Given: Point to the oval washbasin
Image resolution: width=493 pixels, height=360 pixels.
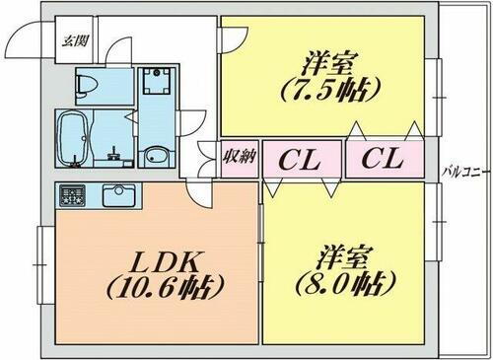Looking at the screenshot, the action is (155, 157).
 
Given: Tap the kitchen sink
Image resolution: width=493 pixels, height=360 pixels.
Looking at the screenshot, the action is (116, 192).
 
